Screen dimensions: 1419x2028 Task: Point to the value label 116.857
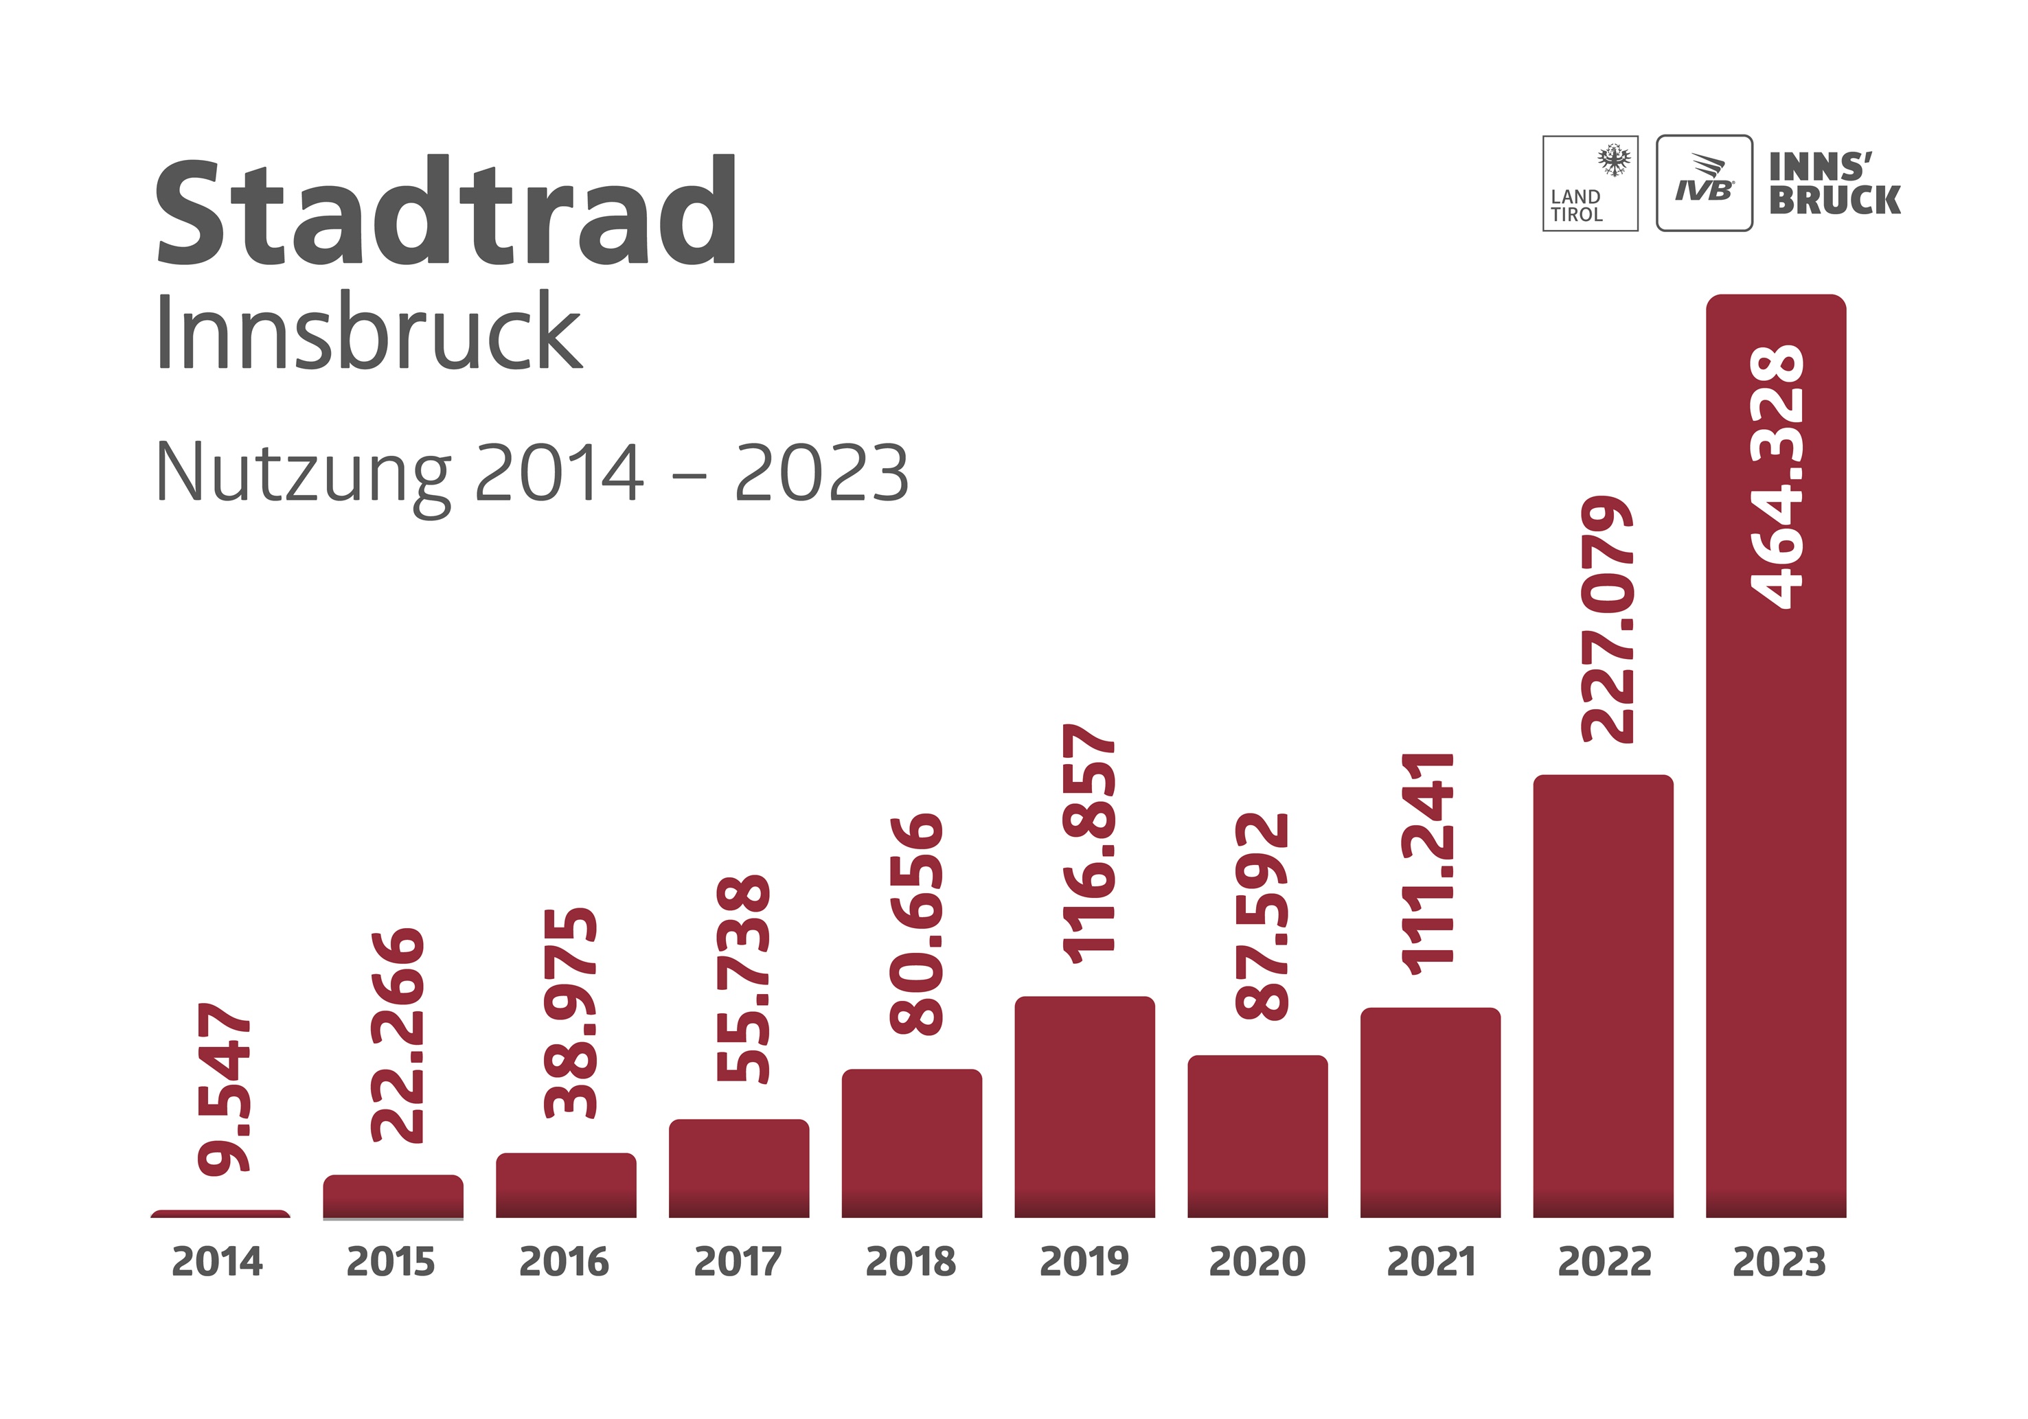[x=1089, y=843]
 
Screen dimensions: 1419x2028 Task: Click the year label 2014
[x=217, y=1261]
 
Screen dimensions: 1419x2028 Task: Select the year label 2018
[x=911, y=1261]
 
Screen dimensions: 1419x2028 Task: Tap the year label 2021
[x=1431, y=1261]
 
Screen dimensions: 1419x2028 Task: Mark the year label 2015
[x=390, y=1261]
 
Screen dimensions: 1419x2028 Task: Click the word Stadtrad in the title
[x=446, y=212]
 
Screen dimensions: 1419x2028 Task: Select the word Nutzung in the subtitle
[x=303, y=474]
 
